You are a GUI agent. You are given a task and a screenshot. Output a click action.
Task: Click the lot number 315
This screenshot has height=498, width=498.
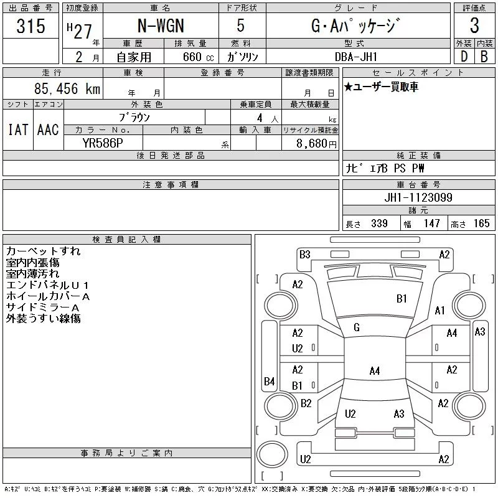click(x=31, y=26)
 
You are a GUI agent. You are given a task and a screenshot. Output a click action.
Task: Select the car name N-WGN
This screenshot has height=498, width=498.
click(x=160, y=26)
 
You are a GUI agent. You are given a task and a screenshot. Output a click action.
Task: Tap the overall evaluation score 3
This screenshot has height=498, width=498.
click(x=474, y=26)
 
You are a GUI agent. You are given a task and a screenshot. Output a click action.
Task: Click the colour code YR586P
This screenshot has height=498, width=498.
click(x=104, y=142)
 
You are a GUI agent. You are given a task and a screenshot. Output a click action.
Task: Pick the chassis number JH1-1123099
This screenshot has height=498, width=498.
click(x=418, y=197)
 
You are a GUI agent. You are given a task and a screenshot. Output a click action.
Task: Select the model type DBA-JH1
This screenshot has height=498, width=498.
click(x=357, y=56)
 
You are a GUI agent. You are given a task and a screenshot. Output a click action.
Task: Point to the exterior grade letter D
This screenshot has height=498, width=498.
click(x=463, y=56)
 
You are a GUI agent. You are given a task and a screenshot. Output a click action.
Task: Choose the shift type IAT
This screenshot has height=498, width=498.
click(x=17, y=129)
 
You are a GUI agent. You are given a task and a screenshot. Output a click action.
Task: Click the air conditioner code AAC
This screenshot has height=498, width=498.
click(x=48, y=129)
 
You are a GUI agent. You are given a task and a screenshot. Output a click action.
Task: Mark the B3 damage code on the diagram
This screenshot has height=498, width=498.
click(x=304, y=254)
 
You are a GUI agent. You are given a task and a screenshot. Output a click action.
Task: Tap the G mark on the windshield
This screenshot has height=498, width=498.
click(x=357, y=327)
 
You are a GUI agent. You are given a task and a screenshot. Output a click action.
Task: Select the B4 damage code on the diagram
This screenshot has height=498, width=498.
click(x=269, y=381)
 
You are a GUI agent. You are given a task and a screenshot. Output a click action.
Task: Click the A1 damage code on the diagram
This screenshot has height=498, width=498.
click(x=440, y=310)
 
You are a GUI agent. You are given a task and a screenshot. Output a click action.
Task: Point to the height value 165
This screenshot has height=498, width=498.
click(x=481, y=223)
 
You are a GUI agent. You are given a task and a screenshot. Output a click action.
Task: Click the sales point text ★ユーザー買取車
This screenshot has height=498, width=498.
click(x=381, y=87)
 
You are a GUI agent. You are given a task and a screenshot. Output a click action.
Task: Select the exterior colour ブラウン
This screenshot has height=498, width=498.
click(x=134, y=116)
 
